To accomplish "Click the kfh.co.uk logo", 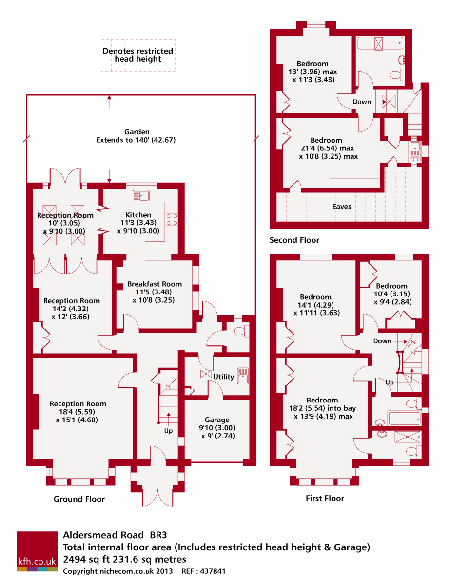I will pos(37,551).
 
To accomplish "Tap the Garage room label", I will pos(217,420).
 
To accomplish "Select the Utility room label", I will pos(224,377).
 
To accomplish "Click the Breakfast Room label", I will pos(155,284).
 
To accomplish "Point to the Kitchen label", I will pos(138,215).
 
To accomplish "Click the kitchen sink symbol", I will pos(141,196).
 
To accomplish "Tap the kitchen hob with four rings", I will pos(172,219).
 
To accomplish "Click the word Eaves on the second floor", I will pos(342,207).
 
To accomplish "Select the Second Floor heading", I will pos(294,240).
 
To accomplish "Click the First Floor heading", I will pos(325,498).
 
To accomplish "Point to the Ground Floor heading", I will pos(79,499).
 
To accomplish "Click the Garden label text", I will pos(137,132).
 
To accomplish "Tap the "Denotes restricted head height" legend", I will pos(138,55).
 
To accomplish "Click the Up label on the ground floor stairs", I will pos(168,431).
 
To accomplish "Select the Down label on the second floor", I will pos(362,102).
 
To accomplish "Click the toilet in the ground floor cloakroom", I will pos(240,331).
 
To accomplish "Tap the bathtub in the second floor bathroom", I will pos(380,44).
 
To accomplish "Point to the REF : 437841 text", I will pos(203,571).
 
